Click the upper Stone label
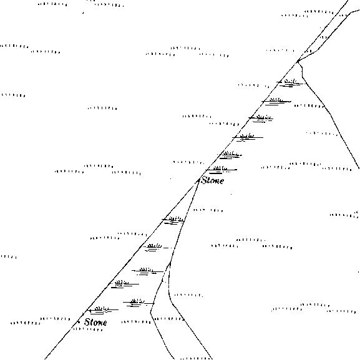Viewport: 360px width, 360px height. pyautogui.click(x=212, y=180)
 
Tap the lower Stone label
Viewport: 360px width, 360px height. pyautogui.click(x=95, y=322)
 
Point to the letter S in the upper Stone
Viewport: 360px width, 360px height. pyautogui.click(x=204, y=180)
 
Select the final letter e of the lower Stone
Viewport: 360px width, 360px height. pyautogui.click(x=104, y=323)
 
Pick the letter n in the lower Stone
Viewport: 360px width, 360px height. pyautogui.click(x=100, y=323)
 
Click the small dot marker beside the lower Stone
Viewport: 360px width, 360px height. pyautogui.click(x=79, y=322)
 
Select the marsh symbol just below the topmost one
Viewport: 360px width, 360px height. pyautogui.click(x=276, y=102)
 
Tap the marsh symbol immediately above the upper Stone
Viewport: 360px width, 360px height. pyautogui.click(x=221, y=170)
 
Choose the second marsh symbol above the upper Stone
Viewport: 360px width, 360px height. pyautogui.click(x=230, y=155)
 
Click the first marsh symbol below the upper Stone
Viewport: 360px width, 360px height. pyautogui.click(x=173, y=220)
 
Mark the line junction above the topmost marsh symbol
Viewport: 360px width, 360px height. pyautogui.click(x=298, y=61)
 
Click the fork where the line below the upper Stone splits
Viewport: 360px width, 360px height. pyautogui.click(x=170, y=262)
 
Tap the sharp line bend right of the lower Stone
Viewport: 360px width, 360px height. pyautogui.click(x=150, y=313)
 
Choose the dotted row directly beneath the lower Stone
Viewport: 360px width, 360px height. pyautogui.click(x=88, y=329)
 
